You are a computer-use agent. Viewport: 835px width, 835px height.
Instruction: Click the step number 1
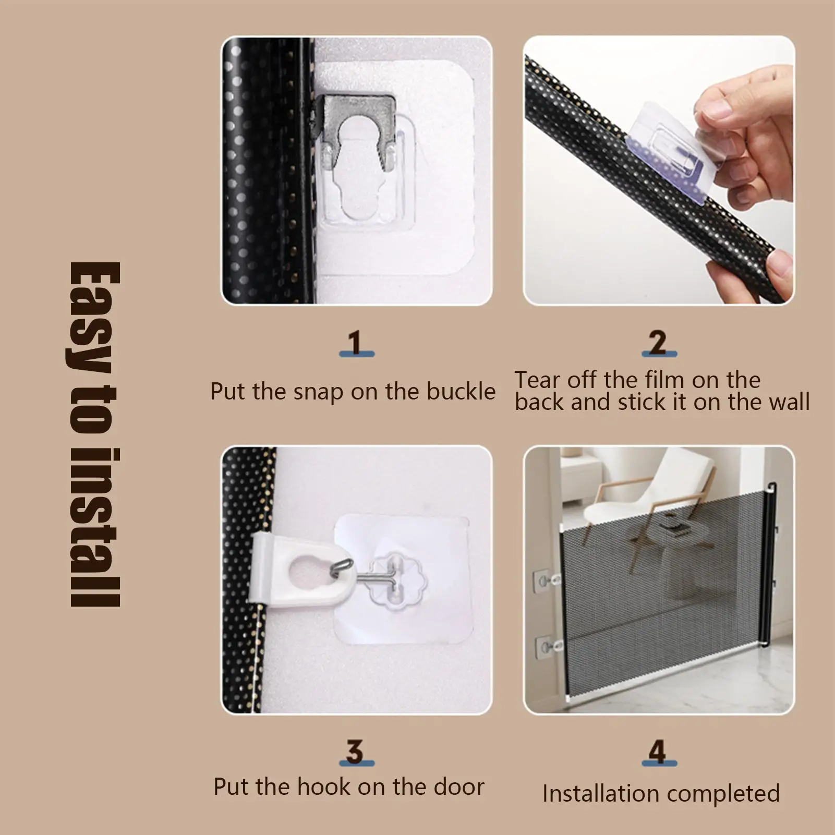pyautogui.click(x=356, y=343)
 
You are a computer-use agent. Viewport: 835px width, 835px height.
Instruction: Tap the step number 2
pyautogui.click(x=659, y=343)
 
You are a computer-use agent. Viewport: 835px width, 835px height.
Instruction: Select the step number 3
pyautogui.click(x=355, y=752)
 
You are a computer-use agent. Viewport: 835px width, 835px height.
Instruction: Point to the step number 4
pyautogui.click(x=658, y=752)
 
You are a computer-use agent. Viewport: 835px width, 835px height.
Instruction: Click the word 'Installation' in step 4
pyautogui.click(x=601, y=794)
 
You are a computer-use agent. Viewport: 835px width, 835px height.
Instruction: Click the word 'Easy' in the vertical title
pyautogui.click(x=95, y=318)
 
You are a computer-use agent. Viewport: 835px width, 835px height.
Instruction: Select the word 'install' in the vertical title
pyautogui.click(x=95, y=527)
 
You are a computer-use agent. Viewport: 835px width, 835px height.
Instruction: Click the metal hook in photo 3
pyautogui.click(x=365, y=574)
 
